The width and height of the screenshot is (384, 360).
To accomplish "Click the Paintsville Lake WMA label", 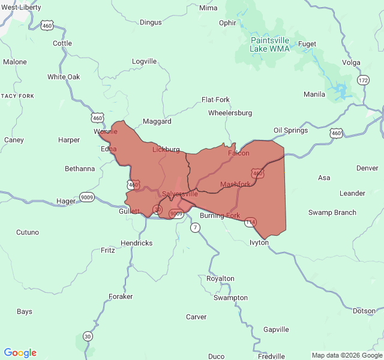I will pyautogui.click(x=269, y=44).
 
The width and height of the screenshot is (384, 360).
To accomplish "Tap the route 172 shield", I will pyautogui.click(x=363, y=80).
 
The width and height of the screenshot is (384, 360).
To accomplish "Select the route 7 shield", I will pyautogui.click(x=195, y=227).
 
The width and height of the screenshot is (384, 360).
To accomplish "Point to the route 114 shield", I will pyautogui.click(x=250, y=222).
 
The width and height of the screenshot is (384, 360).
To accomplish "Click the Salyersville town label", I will pyautogui.click(x=179, y=194).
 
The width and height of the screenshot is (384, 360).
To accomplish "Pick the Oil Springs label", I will pyautogui.click(x=290, y=130).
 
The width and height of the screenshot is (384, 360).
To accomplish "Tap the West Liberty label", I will pyautogui.click(x=21, y=7).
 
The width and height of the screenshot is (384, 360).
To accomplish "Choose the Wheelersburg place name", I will pyautogui.click(x=230, y=113).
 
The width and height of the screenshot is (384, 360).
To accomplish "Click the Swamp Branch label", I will pyautogui.click(x=332, y=212).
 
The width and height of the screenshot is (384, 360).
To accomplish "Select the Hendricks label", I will pyautogui.click(x=137, y=243).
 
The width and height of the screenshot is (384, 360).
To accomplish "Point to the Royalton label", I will pyautogui.click(x=220, y=278).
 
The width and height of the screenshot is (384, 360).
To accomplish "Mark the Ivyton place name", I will pyautogui.click(x=259, y=242).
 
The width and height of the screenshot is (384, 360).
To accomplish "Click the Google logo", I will pyautogui.click(x=20, y=353).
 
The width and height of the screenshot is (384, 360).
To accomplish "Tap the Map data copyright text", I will pyautogui.click(x=346, y=355).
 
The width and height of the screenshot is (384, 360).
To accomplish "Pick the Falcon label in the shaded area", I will pyautogui.click(x=238, y=153).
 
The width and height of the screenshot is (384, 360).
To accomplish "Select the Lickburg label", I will pyautogui.click(x=166, y=149).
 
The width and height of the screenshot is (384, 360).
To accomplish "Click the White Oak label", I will pyautogui.click(x=64, y=77).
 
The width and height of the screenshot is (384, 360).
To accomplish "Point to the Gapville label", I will pyautogui.click(x=276, y=329).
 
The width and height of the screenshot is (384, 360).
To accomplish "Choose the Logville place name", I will pyautogui.click(x=144, y=61).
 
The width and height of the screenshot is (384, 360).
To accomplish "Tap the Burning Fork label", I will pyautogui.click(x=220, y=215).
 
